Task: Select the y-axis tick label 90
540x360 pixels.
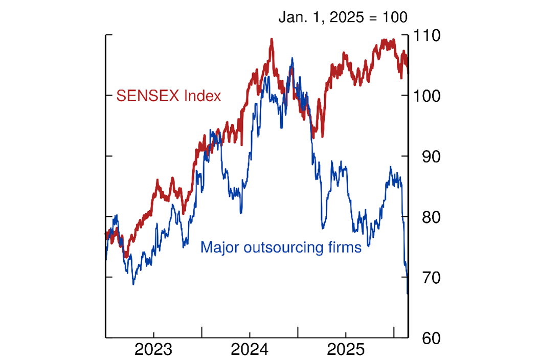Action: point(424,156)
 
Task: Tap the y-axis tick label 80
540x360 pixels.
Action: point(424,217)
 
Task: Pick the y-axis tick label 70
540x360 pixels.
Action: point(424,277)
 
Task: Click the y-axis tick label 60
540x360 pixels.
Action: point(424,338)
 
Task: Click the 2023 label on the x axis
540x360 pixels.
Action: point(153,351)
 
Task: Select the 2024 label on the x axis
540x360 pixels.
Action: point(249,351)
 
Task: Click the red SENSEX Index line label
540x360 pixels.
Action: point(169,96)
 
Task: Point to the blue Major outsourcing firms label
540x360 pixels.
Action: point(281,247)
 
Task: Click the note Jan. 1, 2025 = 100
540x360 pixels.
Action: point(343,17)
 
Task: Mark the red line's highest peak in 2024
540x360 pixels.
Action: point(271,39)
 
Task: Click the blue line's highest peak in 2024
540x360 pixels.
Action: point(292,58)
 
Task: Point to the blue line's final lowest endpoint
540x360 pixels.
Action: point(408,294)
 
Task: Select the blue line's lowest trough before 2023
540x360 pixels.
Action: point(133,284)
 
